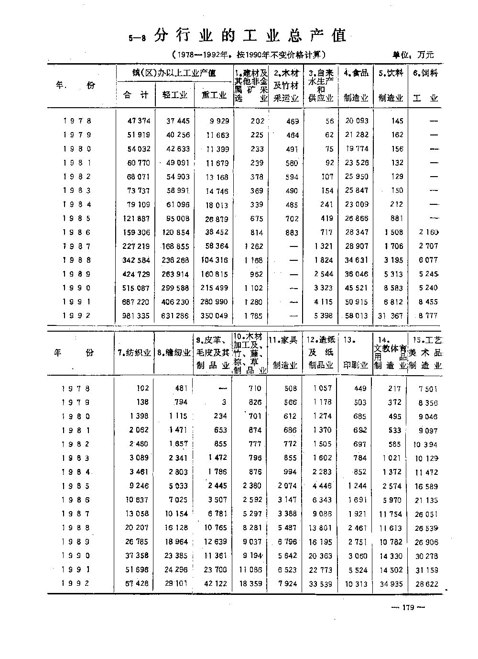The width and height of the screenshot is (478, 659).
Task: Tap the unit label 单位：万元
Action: [413, 55]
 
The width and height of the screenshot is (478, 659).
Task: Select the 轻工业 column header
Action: [175, 95]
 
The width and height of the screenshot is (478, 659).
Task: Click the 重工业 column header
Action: [214, 95]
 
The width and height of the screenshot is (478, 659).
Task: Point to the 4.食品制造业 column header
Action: [356, 85]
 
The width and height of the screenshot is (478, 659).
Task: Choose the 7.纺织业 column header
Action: [134, 353]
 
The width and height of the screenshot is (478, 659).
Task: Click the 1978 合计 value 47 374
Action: [139, 121]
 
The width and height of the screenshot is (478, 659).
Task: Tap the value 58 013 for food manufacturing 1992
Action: [357, 316]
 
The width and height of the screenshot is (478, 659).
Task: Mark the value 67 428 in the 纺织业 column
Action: [137, 584]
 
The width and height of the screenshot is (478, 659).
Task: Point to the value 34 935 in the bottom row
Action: [391, 584]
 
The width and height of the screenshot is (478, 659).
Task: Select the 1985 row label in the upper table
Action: [76, 219]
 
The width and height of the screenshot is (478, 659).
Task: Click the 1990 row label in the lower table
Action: [76, 556]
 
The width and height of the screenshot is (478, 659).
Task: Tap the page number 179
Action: [407, 607]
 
